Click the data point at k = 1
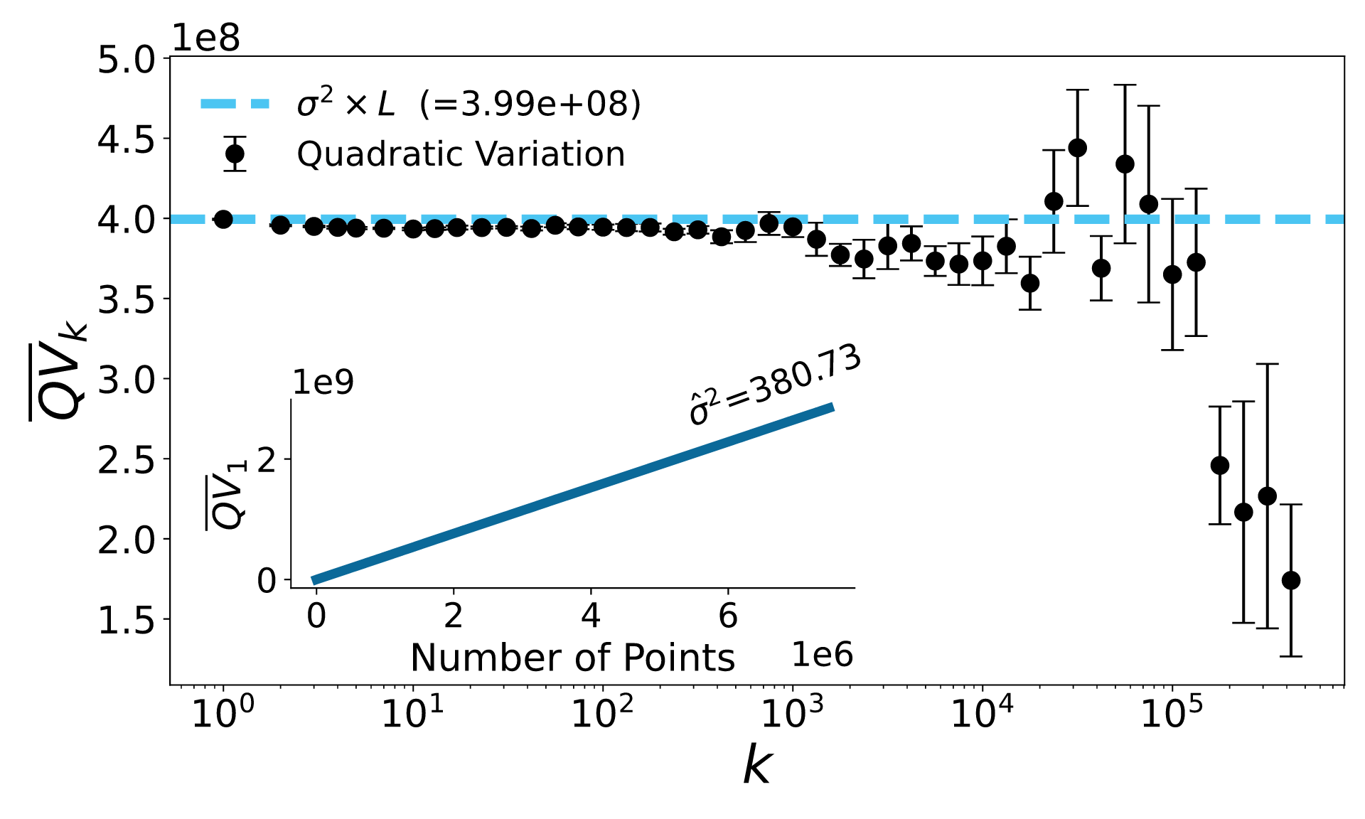[x=223, y=219]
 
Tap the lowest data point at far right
[x=1291, y=580]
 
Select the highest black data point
[x=1078, y=148]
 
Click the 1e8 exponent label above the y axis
[x=206, y=38]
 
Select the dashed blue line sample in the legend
[x=235, y=104]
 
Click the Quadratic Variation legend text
[x=461, y=154]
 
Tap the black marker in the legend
[x=235, y=154]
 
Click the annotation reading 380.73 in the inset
[x=775, y=385]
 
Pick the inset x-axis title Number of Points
[x=572, y=658]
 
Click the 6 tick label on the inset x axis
[x=728, y=616]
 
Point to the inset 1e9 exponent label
[x=323, y=382]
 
